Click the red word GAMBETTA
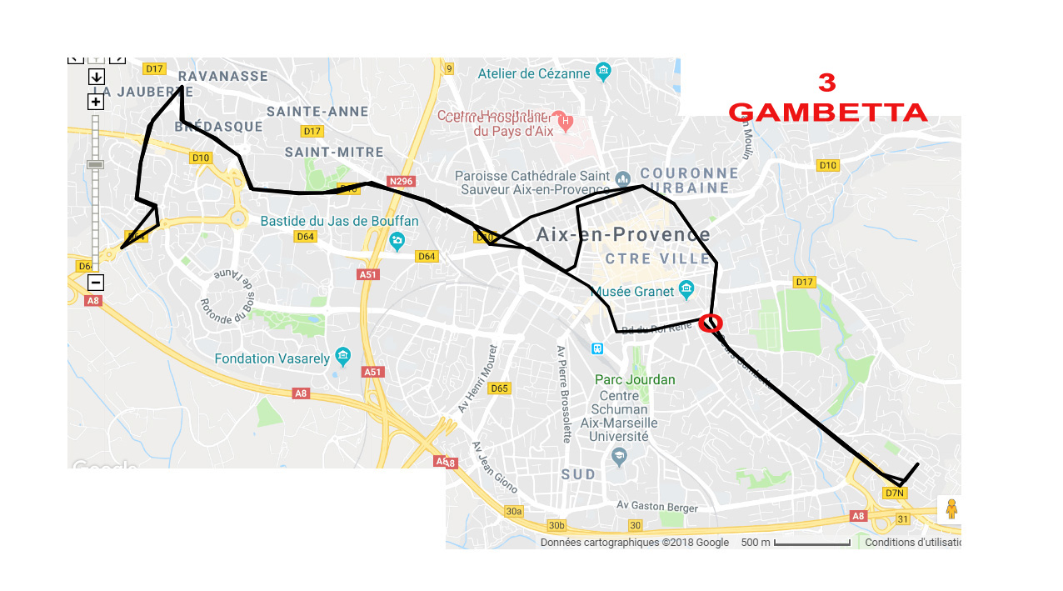(828, 113)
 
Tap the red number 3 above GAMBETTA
(826, 83)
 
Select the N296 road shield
(401, 182)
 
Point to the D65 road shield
(499, 388)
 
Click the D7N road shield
(895, 493)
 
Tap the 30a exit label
(513, 511)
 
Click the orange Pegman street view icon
(951, 508)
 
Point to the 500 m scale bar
(811, 543)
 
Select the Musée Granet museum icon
(686, 290)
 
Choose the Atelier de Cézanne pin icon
(603, 73)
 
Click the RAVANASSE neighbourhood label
(223, 76)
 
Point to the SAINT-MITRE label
(334, 153)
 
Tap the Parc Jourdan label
(635, 380)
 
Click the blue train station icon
(597, 348)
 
